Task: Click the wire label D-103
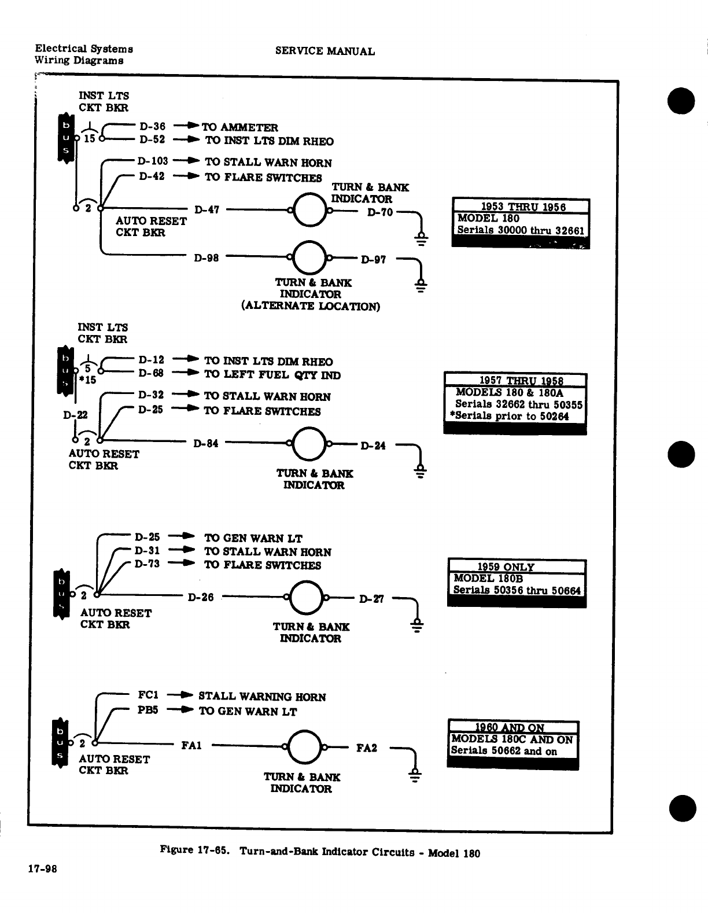pos(153,161)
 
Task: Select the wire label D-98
pos(206,258)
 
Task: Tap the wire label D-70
pos(380,212)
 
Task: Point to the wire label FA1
pos(191,746)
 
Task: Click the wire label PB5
pos(148,710)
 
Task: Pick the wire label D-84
pos(206,444)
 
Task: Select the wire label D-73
pos(147,564)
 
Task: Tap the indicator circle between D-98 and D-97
pos(310,257)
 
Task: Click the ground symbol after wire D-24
pos(421,472)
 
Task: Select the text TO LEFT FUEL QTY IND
pos(272,375)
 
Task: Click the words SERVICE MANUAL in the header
pos(325,51)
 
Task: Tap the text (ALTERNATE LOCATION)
pos(310,306)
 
